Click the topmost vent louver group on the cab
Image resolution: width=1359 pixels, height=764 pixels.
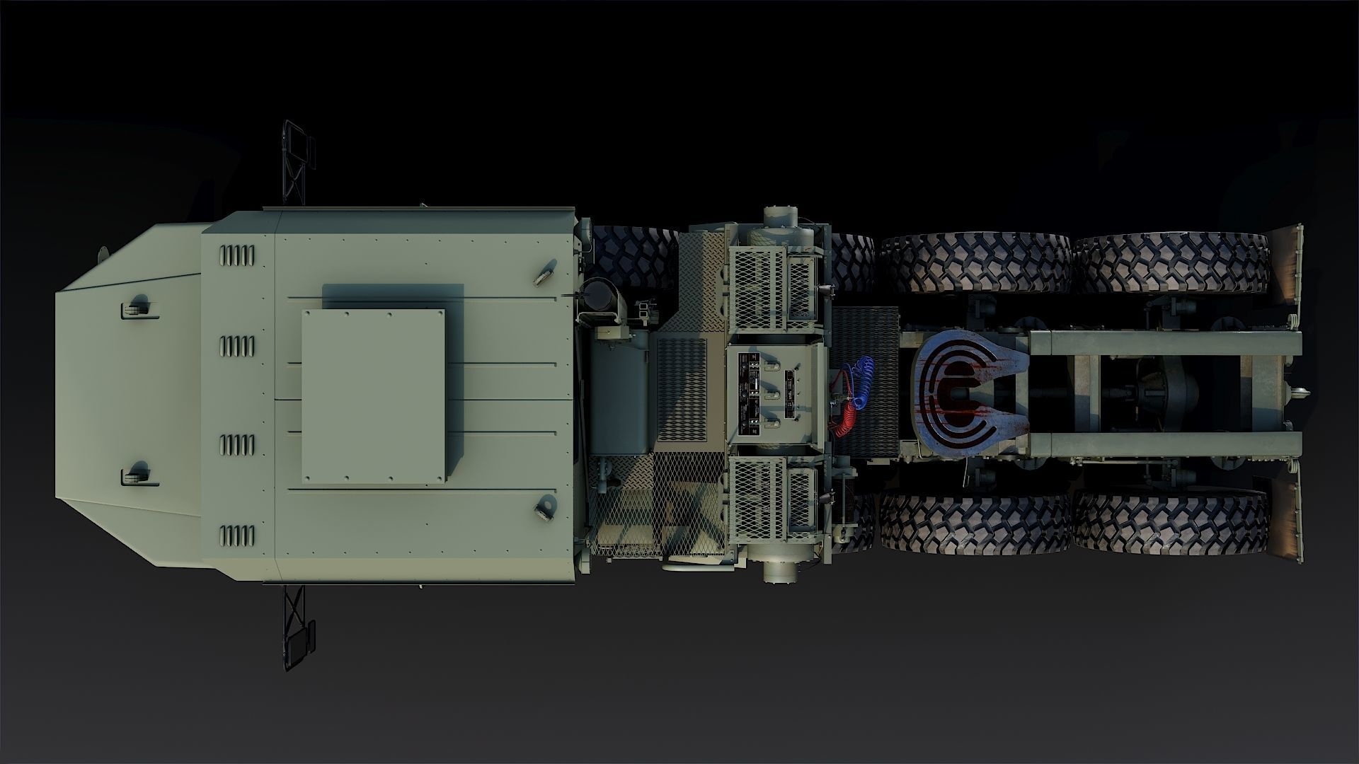236,254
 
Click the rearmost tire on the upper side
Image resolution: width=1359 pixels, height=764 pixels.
1171,265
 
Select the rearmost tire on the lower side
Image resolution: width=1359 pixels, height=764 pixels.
1171,523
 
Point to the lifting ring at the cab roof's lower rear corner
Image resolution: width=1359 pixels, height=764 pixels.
546,506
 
